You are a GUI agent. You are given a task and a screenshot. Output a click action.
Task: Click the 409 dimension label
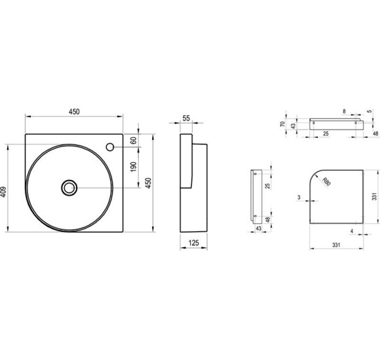(4, 192)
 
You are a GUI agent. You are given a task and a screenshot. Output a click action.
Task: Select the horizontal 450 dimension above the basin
(74, 112)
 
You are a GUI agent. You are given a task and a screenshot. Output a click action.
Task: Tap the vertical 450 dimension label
(148, 183)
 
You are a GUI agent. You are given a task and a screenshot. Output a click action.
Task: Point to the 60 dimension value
(134, 141)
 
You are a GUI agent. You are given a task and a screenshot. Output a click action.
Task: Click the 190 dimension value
(134, 167)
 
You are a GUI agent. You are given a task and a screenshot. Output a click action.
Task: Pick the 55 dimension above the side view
(186, 118)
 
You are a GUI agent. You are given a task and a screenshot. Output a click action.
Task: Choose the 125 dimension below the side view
(193, 243)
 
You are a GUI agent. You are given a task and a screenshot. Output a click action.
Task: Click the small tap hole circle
(110, 147)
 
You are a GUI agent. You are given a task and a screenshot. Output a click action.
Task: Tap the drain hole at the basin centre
(69, 188)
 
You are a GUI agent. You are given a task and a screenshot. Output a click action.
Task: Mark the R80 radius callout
(326, 181)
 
